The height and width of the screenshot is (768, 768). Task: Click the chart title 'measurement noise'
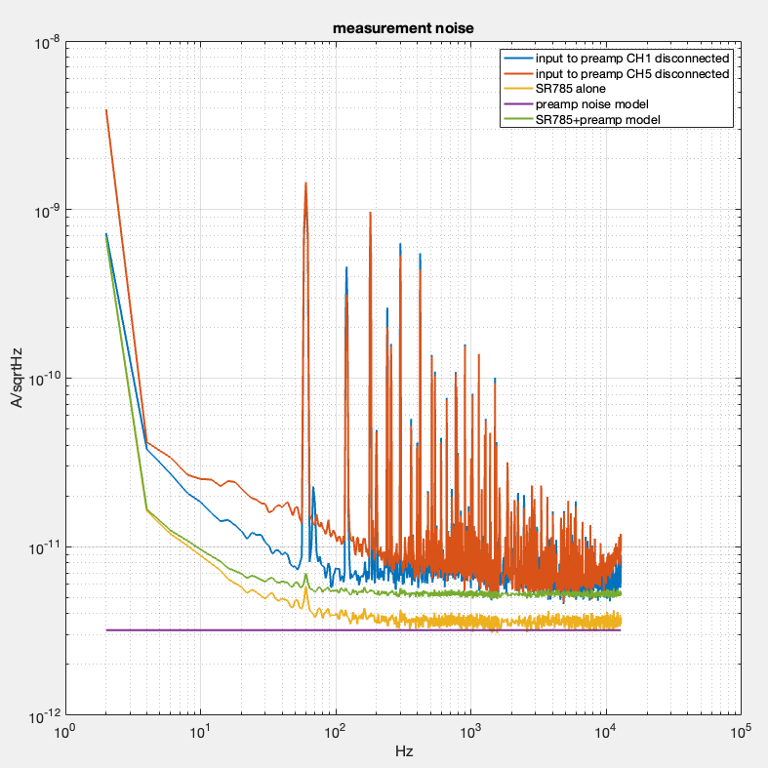(x=403, y=28)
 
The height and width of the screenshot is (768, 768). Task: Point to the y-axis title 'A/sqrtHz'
(x=19, y=381)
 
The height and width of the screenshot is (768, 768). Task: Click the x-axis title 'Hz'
(x=403, y=752)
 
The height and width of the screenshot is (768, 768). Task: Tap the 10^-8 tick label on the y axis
(x=48, y=43)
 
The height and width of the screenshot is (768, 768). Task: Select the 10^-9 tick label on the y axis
(x=48, y=211)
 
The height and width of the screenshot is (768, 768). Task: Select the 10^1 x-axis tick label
(x=201, y=732)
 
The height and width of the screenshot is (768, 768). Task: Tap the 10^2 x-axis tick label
(x=336, y=732)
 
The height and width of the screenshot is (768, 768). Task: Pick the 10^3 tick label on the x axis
(x=470, y=732)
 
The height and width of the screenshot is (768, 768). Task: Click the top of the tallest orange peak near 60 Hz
(x=305, y=182)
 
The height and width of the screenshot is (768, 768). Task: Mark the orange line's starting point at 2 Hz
(x=106, y=110)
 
